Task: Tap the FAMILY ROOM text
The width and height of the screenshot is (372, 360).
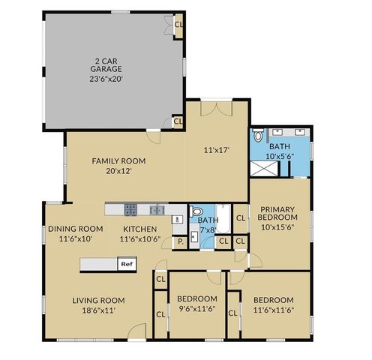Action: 118,161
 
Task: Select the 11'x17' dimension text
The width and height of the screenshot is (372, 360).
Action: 216,149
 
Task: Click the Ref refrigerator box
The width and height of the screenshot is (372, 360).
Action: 126,264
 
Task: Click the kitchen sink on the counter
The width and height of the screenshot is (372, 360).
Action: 157,210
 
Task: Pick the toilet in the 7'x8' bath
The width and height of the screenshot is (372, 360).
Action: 197,213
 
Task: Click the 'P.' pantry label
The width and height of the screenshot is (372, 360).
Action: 181,241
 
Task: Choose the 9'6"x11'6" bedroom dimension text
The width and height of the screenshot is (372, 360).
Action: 197,309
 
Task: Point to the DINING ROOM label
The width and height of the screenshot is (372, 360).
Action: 75,229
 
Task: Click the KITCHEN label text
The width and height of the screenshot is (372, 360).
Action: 139,229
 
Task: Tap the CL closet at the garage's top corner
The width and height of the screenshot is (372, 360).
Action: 178,24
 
